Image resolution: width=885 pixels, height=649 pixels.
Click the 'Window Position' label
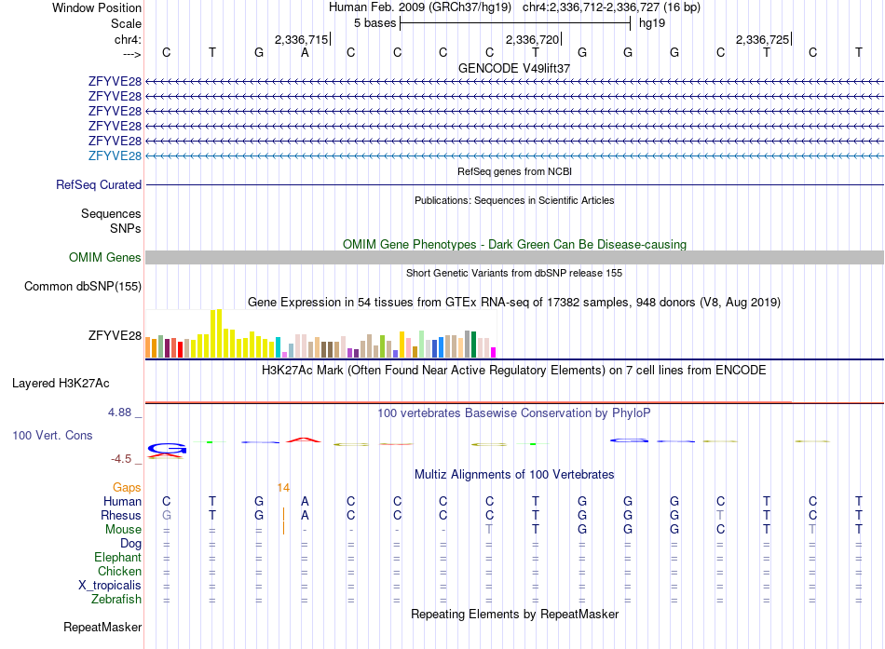97,7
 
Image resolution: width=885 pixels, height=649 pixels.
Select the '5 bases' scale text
374,23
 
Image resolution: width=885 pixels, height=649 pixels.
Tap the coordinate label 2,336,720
532,39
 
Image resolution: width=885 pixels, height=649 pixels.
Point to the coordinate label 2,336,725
762,39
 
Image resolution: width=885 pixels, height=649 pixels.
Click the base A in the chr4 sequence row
305,53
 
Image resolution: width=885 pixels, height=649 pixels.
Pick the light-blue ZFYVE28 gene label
115,155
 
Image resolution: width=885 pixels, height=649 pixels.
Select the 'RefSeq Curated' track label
99,184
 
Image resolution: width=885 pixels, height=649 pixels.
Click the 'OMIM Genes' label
105,257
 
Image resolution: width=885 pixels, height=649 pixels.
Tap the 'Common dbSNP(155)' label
83,286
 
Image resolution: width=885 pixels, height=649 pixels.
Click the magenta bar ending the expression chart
494,353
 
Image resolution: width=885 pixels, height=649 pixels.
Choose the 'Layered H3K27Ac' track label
61,384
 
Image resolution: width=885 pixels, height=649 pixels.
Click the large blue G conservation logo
167,449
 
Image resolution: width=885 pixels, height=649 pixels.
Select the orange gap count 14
283,488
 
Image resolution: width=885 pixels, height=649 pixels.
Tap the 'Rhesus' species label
121,515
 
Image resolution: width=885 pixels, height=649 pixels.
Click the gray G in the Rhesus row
167,515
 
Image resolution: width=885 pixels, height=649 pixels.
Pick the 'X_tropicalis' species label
110,586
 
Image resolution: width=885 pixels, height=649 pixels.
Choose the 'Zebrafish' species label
116,600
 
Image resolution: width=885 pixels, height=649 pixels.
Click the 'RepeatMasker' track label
102,627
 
